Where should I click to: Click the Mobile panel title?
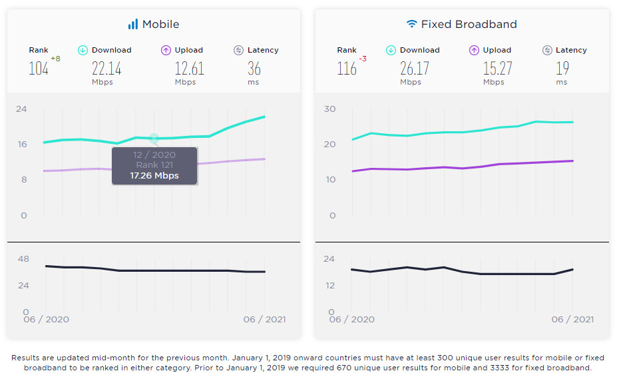click(x=160, y=25)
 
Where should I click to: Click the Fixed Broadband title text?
click(x=469, y=25)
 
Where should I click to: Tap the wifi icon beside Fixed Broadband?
click(x=412, y=24)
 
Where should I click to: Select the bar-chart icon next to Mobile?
click(x=133, y=24)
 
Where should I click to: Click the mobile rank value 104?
click(x=39, y=68)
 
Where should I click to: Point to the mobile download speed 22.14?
click(x=106, y=68)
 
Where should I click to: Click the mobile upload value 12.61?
click(x=189, y=68)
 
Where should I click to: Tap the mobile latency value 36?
click(x=254, y=68)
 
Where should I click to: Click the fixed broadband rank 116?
click(x=347, y=68)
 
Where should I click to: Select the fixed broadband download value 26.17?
click(x=415, y=68)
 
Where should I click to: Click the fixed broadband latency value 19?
click(x=562, y=68)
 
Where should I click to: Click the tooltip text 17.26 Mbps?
click(x=154, y=176)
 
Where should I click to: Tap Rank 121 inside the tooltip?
click(x=154, y=165)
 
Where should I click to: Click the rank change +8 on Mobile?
click(x=55, y=59)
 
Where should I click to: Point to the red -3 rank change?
click(x=363, y=59)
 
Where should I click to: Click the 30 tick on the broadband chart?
click(x=329, y=109)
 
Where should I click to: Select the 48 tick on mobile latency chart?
click(x=23, y=258)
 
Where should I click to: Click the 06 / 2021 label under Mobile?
click(x=264, y=320)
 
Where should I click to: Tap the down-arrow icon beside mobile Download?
click(x=83, y=50)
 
